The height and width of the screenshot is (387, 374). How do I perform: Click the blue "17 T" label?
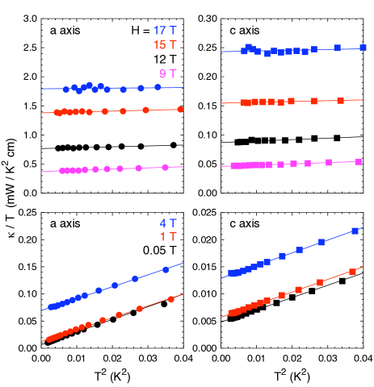[165, 31]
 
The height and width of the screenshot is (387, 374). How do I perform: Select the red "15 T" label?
[165, 45]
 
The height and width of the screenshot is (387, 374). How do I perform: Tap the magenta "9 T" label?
[168, 74]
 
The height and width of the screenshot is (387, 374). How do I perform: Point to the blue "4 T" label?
[168, 223]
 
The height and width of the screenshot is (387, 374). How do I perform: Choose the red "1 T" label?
[168, 237]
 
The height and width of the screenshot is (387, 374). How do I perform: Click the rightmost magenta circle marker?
[165, 167]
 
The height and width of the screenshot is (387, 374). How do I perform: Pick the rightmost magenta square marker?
[357, 161]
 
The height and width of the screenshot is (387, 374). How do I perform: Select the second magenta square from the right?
[329, 162]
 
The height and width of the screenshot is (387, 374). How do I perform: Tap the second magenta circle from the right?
[138, 168]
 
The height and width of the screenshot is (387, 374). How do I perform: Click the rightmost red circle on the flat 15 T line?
[180, 109]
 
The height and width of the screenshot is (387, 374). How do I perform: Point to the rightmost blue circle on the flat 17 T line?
[158, 86]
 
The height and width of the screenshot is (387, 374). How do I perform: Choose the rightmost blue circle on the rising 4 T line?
[166, 269]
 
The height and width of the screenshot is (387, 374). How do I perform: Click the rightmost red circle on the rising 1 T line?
[171, 299]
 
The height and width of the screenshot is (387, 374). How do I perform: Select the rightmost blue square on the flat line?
[363, 48]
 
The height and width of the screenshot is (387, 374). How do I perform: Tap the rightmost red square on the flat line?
[340, 101]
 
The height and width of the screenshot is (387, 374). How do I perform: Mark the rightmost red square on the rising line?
[352, 271]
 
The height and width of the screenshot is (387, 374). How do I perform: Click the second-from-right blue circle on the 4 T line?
[135, 279]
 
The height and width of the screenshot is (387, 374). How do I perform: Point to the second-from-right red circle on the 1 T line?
[140, 309]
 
